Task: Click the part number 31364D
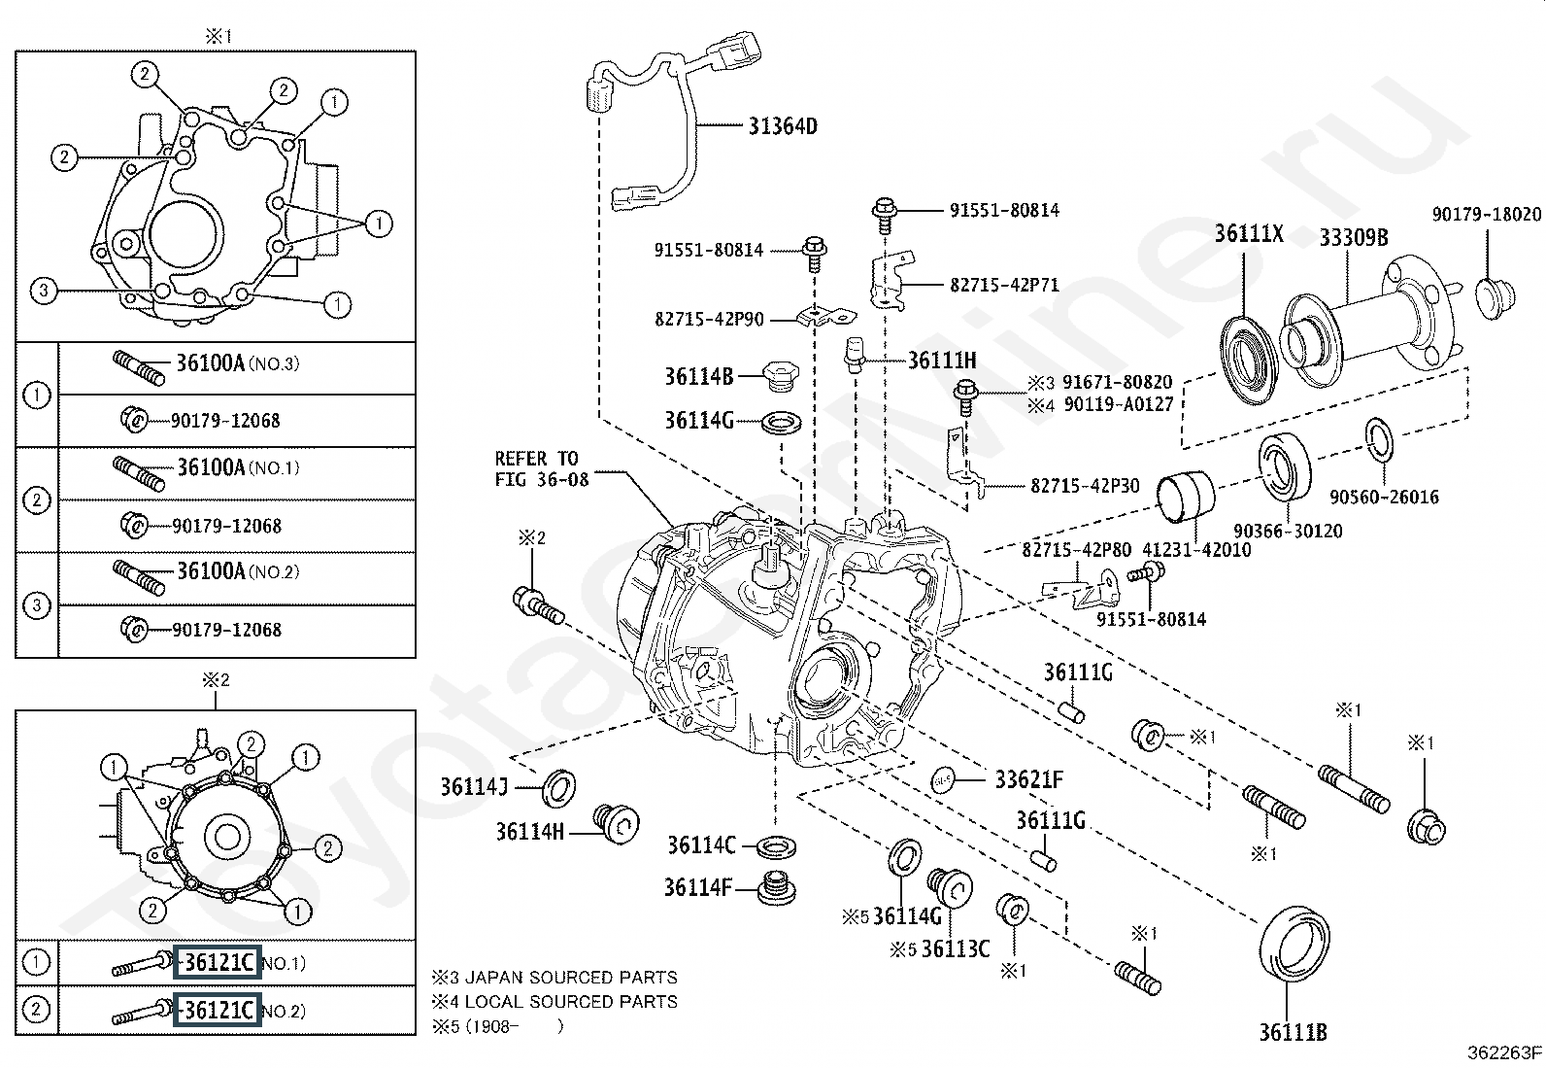point(783,125)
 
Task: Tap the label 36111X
point(1249,234)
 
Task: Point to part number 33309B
point(1354,237)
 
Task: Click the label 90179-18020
point(1486,215)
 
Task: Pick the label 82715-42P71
point(1004,286)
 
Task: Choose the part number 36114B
point(698,375)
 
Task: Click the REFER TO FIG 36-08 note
point(541,468)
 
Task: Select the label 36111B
point(1294,1032)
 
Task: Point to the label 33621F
point(1028,779)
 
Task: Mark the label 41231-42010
point(1196,550)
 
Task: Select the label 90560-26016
point(1384,498)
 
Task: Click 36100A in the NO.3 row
point(210,363)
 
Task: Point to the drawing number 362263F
point(1504,1051)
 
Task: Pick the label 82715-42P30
point(1085,486)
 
